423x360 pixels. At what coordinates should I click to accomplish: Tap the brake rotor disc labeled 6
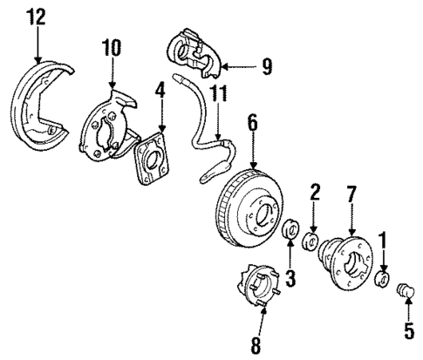coord(249,213)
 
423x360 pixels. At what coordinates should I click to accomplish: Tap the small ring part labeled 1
coord(380,279)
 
